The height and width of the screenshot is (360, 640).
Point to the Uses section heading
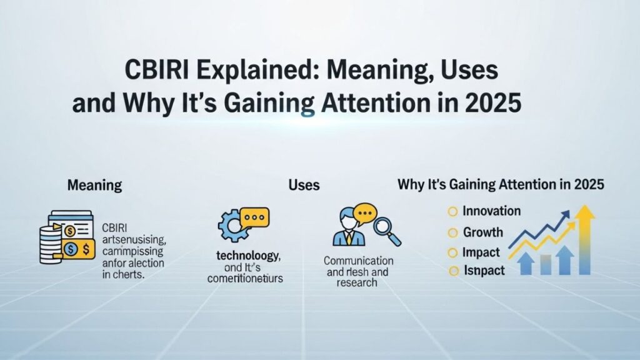tap(304, 185)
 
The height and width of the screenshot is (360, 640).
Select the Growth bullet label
tap(482, 232)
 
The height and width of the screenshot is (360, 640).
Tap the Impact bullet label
tap(481, 252)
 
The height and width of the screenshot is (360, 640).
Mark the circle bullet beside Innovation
tap(453, 212)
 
